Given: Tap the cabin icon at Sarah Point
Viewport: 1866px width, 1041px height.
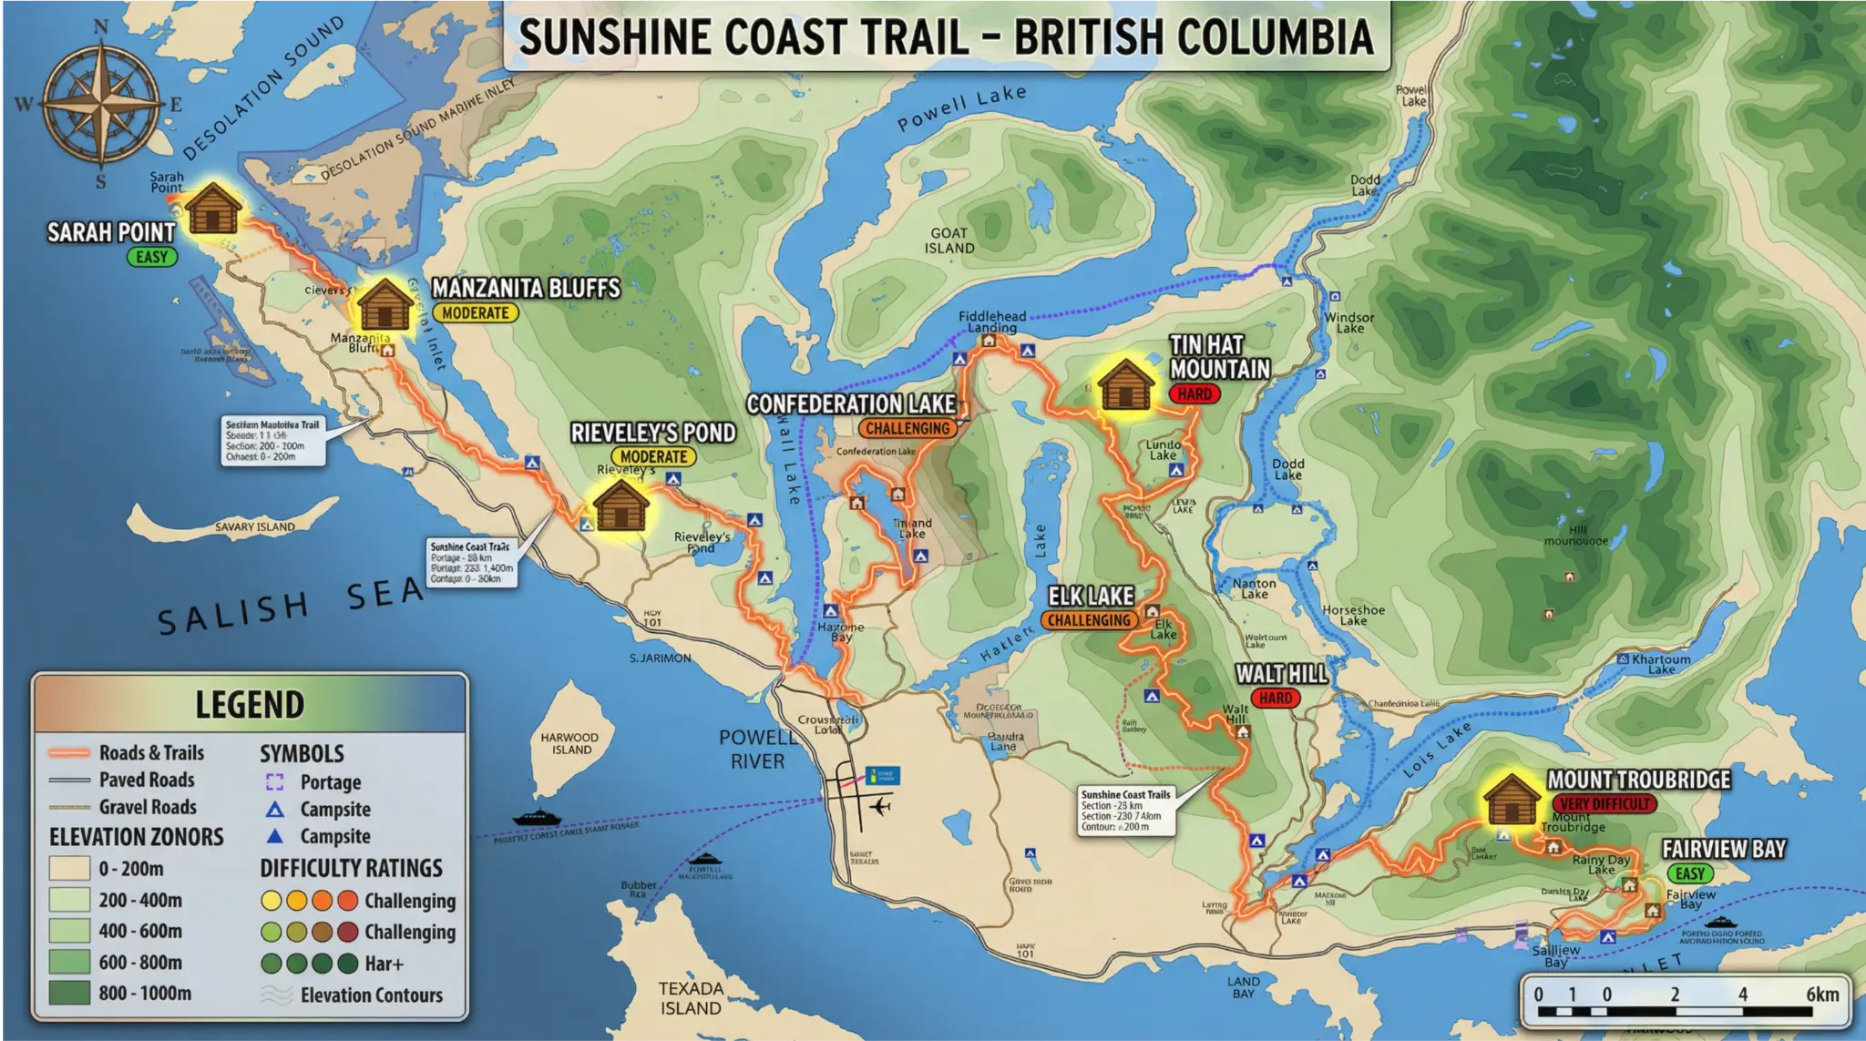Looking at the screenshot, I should tap(213, 209).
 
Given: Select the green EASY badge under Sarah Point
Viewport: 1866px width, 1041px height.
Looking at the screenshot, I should tap(151, 257).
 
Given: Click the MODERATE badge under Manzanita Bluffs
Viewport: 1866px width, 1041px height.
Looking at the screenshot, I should tap(475, 313).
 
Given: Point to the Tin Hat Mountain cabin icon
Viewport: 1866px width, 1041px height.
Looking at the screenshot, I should tap(1126, 385).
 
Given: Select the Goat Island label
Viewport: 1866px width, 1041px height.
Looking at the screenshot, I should tap(949, 240).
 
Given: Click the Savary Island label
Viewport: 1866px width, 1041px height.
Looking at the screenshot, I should tap(254, 527).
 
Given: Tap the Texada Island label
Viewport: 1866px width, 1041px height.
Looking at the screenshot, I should tap(691, 998).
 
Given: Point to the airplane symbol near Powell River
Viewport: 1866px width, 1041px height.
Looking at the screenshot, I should tap(879, 806).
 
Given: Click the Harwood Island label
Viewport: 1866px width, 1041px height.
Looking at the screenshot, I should tap(569, 743).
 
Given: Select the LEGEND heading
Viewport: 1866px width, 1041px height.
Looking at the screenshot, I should tap(250, 705).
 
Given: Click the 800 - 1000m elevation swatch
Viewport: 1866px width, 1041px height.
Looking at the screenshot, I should tap(69, 993).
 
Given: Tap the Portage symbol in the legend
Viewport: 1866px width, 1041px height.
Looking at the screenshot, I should tap(274, 781).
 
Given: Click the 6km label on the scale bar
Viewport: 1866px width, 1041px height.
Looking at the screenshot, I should tap(1822, 994).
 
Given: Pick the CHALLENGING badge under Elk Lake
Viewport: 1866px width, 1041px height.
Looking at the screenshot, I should tap(1088, 620).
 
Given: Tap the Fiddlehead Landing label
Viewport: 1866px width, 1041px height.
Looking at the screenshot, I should tap(991, 321).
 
